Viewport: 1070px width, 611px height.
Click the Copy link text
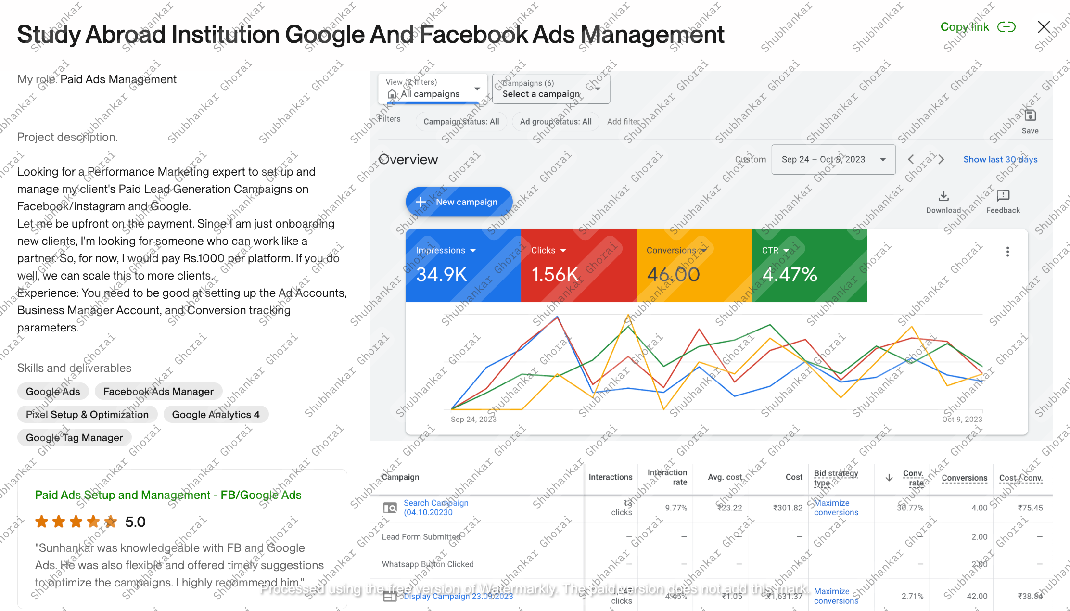(x=965, y=27)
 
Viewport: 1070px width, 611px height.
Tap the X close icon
(x=1044, y=27)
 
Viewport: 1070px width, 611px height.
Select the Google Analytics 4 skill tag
(x=216, y=415)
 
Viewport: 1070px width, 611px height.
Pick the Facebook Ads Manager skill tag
(x=158, y=392)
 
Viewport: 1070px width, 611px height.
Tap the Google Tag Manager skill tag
(x=75, y=438)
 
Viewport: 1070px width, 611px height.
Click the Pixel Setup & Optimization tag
(x=87, y=415)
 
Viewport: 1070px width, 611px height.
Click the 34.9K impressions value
(x=441, y=275)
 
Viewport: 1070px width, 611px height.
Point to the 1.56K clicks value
(x=555, y=275)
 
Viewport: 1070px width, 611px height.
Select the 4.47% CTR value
(x=790, y=275)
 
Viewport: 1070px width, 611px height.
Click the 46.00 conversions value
(x=673, y=275)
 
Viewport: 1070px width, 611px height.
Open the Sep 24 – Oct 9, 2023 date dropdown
(x=833, y=160)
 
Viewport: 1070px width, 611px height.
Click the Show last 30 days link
(x=1000, y=160)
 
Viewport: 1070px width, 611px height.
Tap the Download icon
(x=943, y=196)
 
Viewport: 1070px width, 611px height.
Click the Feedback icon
(x=1003, y=195)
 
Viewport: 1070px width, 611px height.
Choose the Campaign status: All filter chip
(x=461, y=122)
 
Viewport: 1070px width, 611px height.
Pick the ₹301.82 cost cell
(x=788, y=508)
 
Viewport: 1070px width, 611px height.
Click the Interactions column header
(x=610, y=477)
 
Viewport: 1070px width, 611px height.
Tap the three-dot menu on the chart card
(x=1007, y=252)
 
